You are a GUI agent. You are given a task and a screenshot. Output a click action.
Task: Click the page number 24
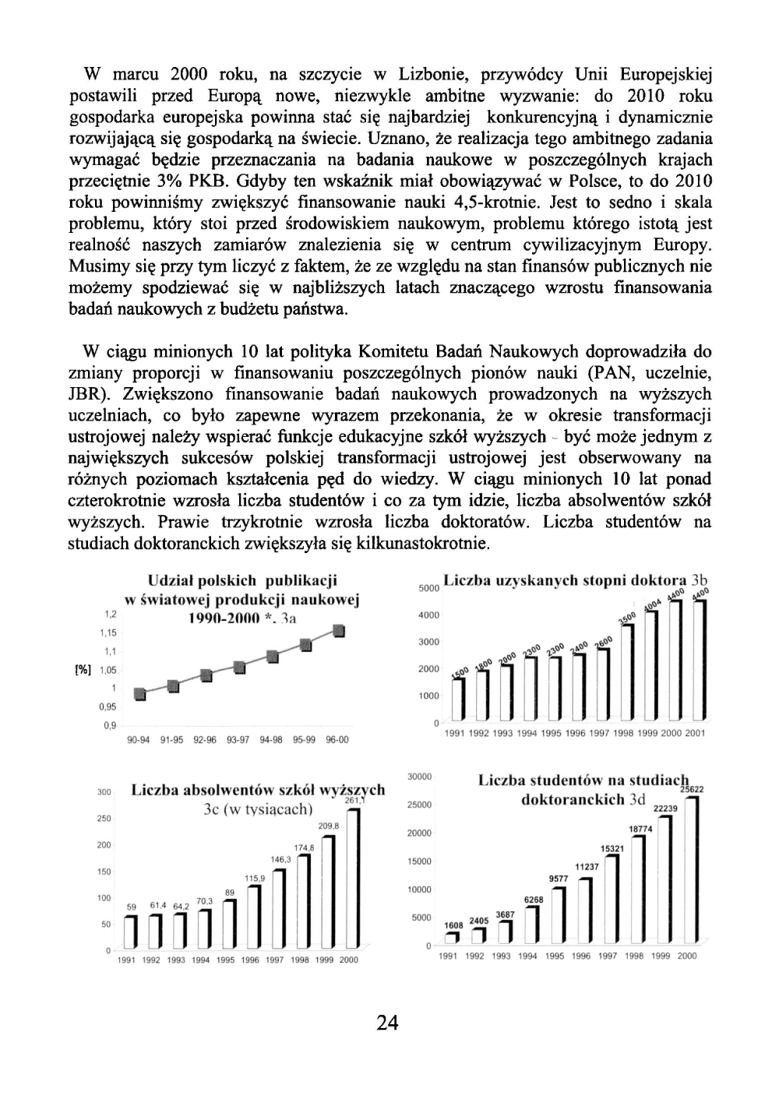pyautogui.click(x=387, y=1023)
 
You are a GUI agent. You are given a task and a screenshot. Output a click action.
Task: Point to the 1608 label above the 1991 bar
pyautogui.click(x=454, y=925)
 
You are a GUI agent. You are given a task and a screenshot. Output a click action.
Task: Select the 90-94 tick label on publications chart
pyautogui.click(x=139, y=740)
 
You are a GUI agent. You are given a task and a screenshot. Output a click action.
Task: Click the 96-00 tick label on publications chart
pyautogui.click(x=337, y=740)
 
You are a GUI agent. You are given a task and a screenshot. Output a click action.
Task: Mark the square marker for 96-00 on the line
pyautogui.click(x=339, y=631)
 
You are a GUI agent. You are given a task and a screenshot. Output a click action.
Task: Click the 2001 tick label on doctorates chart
pyautogui.click(x=696, y=733)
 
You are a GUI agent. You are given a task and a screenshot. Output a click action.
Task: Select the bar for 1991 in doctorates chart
pyautogui.click(x=460, y=699)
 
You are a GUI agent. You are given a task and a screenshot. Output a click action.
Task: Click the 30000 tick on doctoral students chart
pyautogui.click(x=420, y=777)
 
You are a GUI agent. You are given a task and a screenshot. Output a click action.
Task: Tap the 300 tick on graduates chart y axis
pyautogui.click(x=103, y=792)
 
